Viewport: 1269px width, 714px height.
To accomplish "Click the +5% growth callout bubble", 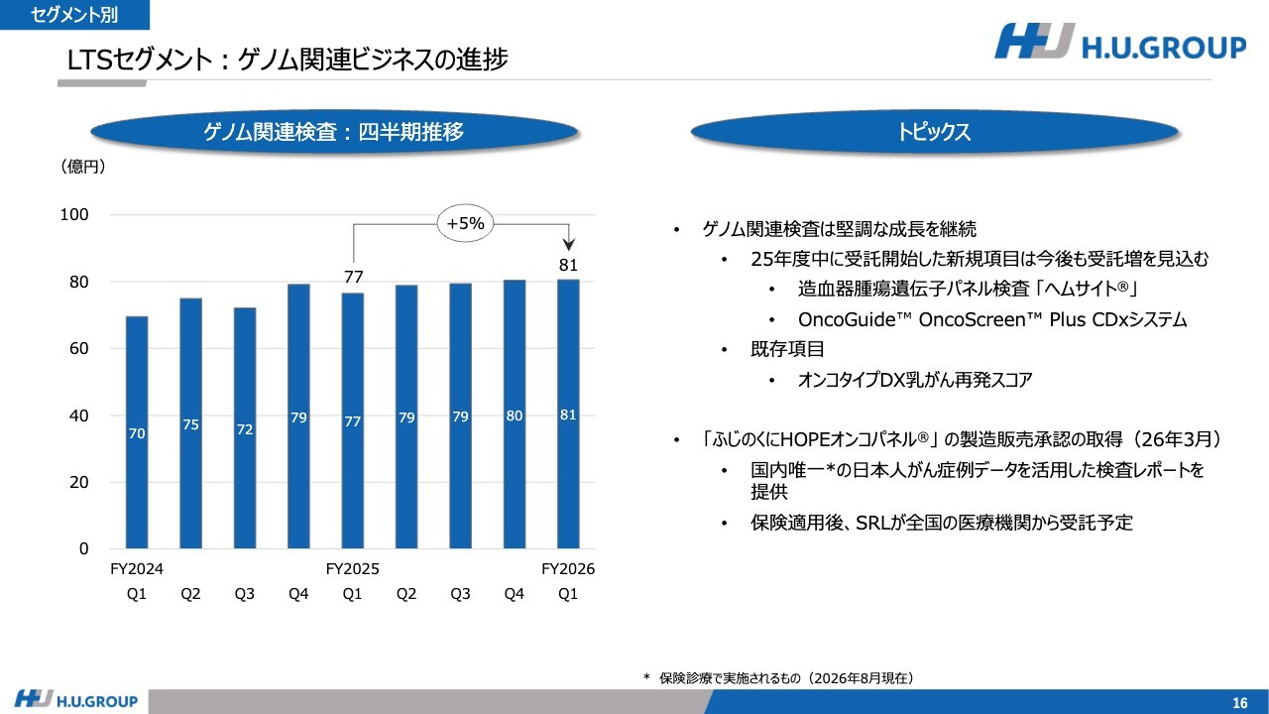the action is [465, 223].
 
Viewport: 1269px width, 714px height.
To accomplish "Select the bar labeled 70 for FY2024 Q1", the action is [137, 432].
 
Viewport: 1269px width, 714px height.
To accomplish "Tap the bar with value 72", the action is [245, 427].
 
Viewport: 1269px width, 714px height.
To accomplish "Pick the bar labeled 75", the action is [191, 423].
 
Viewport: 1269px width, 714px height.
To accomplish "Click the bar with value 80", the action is [515, 415].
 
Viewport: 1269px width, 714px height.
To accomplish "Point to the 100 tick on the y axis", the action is [74, 215].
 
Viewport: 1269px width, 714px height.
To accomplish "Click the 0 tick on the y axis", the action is [84, 548].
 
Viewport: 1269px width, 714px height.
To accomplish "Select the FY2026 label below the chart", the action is [568, 569].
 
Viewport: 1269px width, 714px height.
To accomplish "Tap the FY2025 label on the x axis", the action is [352, 569].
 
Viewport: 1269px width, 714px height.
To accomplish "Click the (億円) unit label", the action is [82, 167].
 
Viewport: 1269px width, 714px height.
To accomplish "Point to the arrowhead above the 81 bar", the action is [569, 245].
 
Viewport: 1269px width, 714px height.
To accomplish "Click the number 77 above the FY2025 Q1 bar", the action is [354, 277].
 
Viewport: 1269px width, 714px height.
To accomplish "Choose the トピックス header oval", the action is [934, 132].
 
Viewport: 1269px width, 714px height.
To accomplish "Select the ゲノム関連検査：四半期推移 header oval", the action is [334, 132].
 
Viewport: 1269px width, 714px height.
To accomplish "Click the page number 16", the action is [1240, 703].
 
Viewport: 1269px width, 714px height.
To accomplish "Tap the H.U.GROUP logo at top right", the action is [1120, 42].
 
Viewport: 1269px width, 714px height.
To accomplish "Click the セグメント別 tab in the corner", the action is [74, 15].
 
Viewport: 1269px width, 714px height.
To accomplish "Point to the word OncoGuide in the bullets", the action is [847, 319].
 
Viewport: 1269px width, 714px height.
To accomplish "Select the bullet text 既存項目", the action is [787, 349].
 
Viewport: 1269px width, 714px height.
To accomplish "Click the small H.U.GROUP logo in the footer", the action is [76, 700].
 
